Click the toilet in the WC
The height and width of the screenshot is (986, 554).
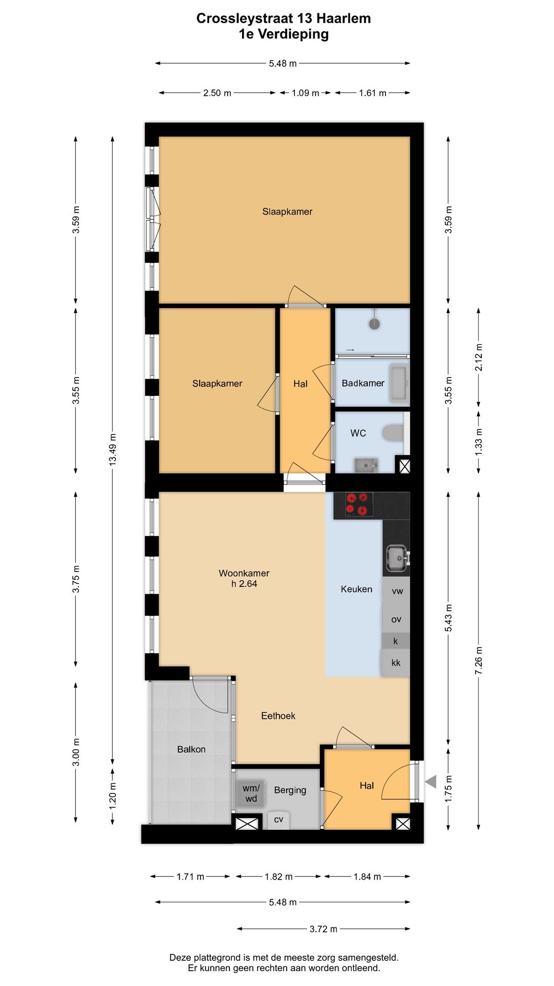pos(394,432)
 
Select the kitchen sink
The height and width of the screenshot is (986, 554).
pos(397,558)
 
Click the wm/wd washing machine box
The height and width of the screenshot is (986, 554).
pos(251,793)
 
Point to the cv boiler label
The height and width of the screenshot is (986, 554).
pos(279,820)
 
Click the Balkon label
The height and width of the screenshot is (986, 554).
pos(191,749)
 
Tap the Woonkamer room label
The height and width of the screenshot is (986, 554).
pos(244,573)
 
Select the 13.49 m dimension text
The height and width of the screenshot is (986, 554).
pos(112,449)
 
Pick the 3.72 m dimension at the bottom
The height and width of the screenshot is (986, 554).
pos(324,929)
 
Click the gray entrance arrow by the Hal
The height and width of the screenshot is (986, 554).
pos(431,782)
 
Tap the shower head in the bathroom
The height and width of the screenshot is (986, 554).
pos(375,324)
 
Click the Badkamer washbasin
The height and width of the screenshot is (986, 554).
pos(400,383)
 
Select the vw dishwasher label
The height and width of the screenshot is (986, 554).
pos(397,591)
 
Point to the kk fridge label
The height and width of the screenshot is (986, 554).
pos(396,662)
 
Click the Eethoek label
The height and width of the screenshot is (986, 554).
pos(278,716)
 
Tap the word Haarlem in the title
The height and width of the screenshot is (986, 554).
pos(343,18)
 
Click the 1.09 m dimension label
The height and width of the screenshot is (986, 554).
pos(306,93)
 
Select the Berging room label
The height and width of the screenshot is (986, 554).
pos(290,790)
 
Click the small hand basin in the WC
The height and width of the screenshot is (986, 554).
pos(366,465)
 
